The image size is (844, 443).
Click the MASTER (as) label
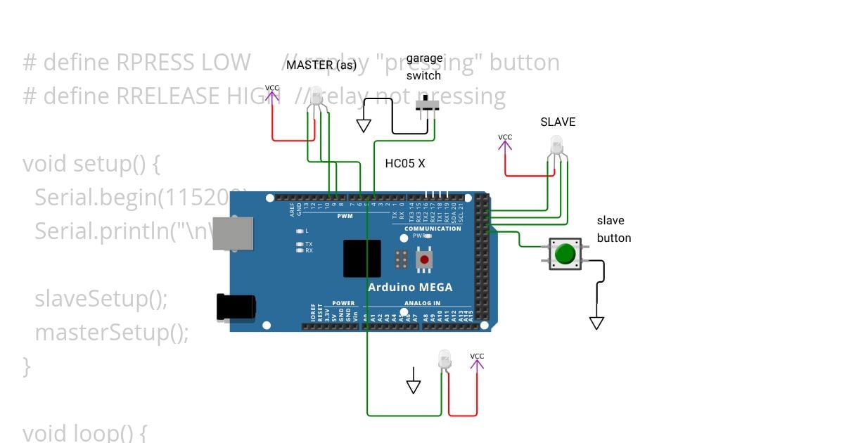tap(321, 65)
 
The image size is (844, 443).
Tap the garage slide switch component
tap(427, 106)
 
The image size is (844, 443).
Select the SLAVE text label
tap(558, 122)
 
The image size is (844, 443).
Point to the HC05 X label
tap(405, 164)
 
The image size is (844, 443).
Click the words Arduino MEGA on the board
tap(410, 287)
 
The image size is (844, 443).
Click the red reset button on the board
tap(424, 259)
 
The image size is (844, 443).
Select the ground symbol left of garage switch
tap(364, 125)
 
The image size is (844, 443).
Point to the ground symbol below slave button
tap(596, 323)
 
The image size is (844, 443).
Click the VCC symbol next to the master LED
tap(271, 94)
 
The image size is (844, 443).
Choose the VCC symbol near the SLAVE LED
tap(505, 143)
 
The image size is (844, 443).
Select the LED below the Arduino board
tap(445, 360)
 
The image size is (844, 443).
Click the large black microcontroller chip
tap(362, 258)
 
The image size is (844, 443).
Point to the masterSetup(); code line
tap(112, 332)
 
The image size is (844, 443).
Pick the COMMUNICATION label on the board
tap(433, 229)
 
